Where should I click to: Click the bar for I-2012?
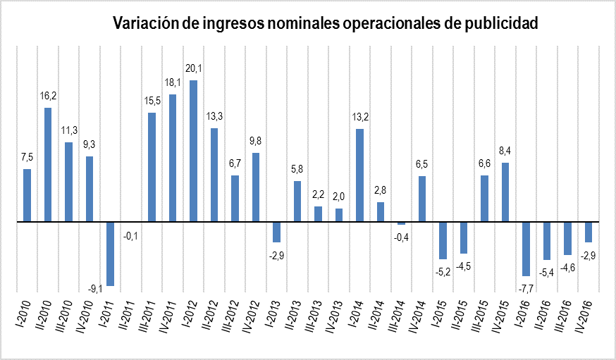[x=193, y=151]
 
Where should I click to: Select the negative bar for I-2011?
[x=111, y=254]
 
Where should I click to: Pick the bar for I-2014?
[x=360, y=175]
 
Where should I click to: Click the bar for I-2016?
[x=526, y=249]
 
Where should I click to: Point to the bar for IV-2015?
[x=505, y=192]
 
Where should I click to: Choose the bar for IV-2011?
[x=173, y=158]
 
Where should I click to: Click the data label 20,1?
[x=193, y=68]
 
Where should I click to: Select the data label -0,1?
[x=131, y=235]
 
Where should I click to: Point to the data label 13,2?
[x=360, y=117]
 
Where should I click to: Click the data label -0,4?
[x=401, y=237]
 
